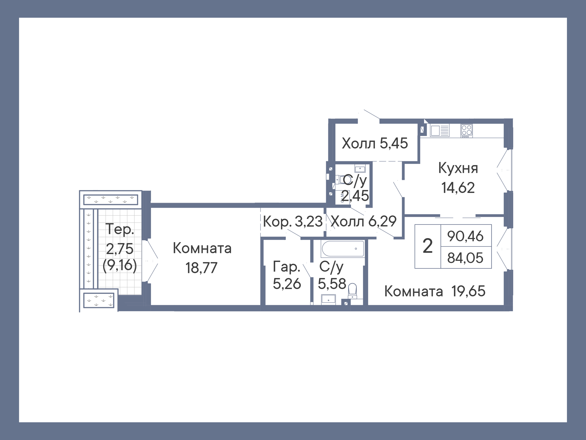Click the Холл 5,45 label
click(x=375, y=143)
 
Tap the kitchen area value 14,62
click(x=458, y=188)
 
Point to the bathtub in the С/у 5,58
click(x=343, y=249)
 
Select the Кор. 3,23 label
click(x=292, y=221)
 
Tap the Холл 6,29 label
click(x=364, y=221)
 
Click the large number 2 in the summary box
click(x=428, y=246)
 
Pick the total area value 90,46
click(x=465, y=236)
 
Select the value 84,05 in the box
click(x=465, y=258)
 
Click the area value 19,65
click(x=468, y=291)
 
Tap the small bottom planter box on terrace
click(x=99, y=300)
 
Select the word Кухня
click(x=458, y=168)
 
